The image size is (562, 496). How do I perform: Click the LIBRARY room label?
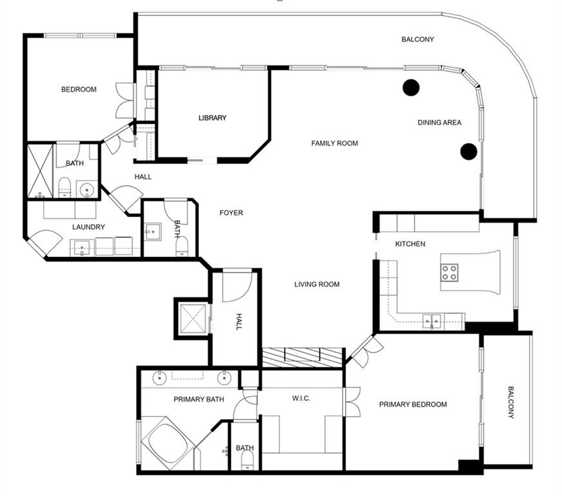(x=212, y=118)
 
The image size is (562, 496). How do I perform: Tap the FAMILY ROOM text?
(x=334, y=143)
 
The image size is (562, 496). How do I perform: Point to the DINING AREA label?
(x=439, y=123)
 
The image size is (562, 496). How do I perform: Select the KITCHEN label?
(x=410, y=244)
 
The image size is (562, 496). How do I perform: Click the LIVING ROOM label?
(x=317, y=284)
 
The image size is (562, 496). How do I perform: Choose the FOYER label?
(x=231, y=212)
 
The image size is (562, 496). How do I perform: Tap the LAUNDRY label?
(x=88, y=227)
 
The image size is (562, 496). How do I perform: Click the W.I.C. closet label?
(x=301, y=398)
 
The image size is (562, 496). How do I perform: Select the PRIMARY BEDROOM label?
(x=413, y=405)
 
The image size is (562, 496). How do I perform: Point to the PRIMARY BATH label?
(x=199, y=399)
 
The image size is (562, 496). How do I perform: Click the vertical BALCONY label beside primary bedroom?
(x=510, y=402)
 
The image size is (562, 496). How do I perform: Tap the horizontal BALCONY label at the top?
(x=417, y=39)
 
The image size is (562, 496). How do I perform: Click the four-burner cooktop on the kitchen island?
(x=449, y=273)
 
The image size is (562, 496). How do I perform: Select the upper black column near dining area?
(x=411, y=87)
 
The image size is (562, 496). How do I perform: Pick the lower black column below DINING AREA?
(x=468, y=152)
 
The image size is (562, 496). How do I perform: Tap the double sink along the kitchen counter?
(x=432, y=320)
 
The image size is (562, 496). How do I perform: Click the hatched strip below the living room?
(x=302, y=357)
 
